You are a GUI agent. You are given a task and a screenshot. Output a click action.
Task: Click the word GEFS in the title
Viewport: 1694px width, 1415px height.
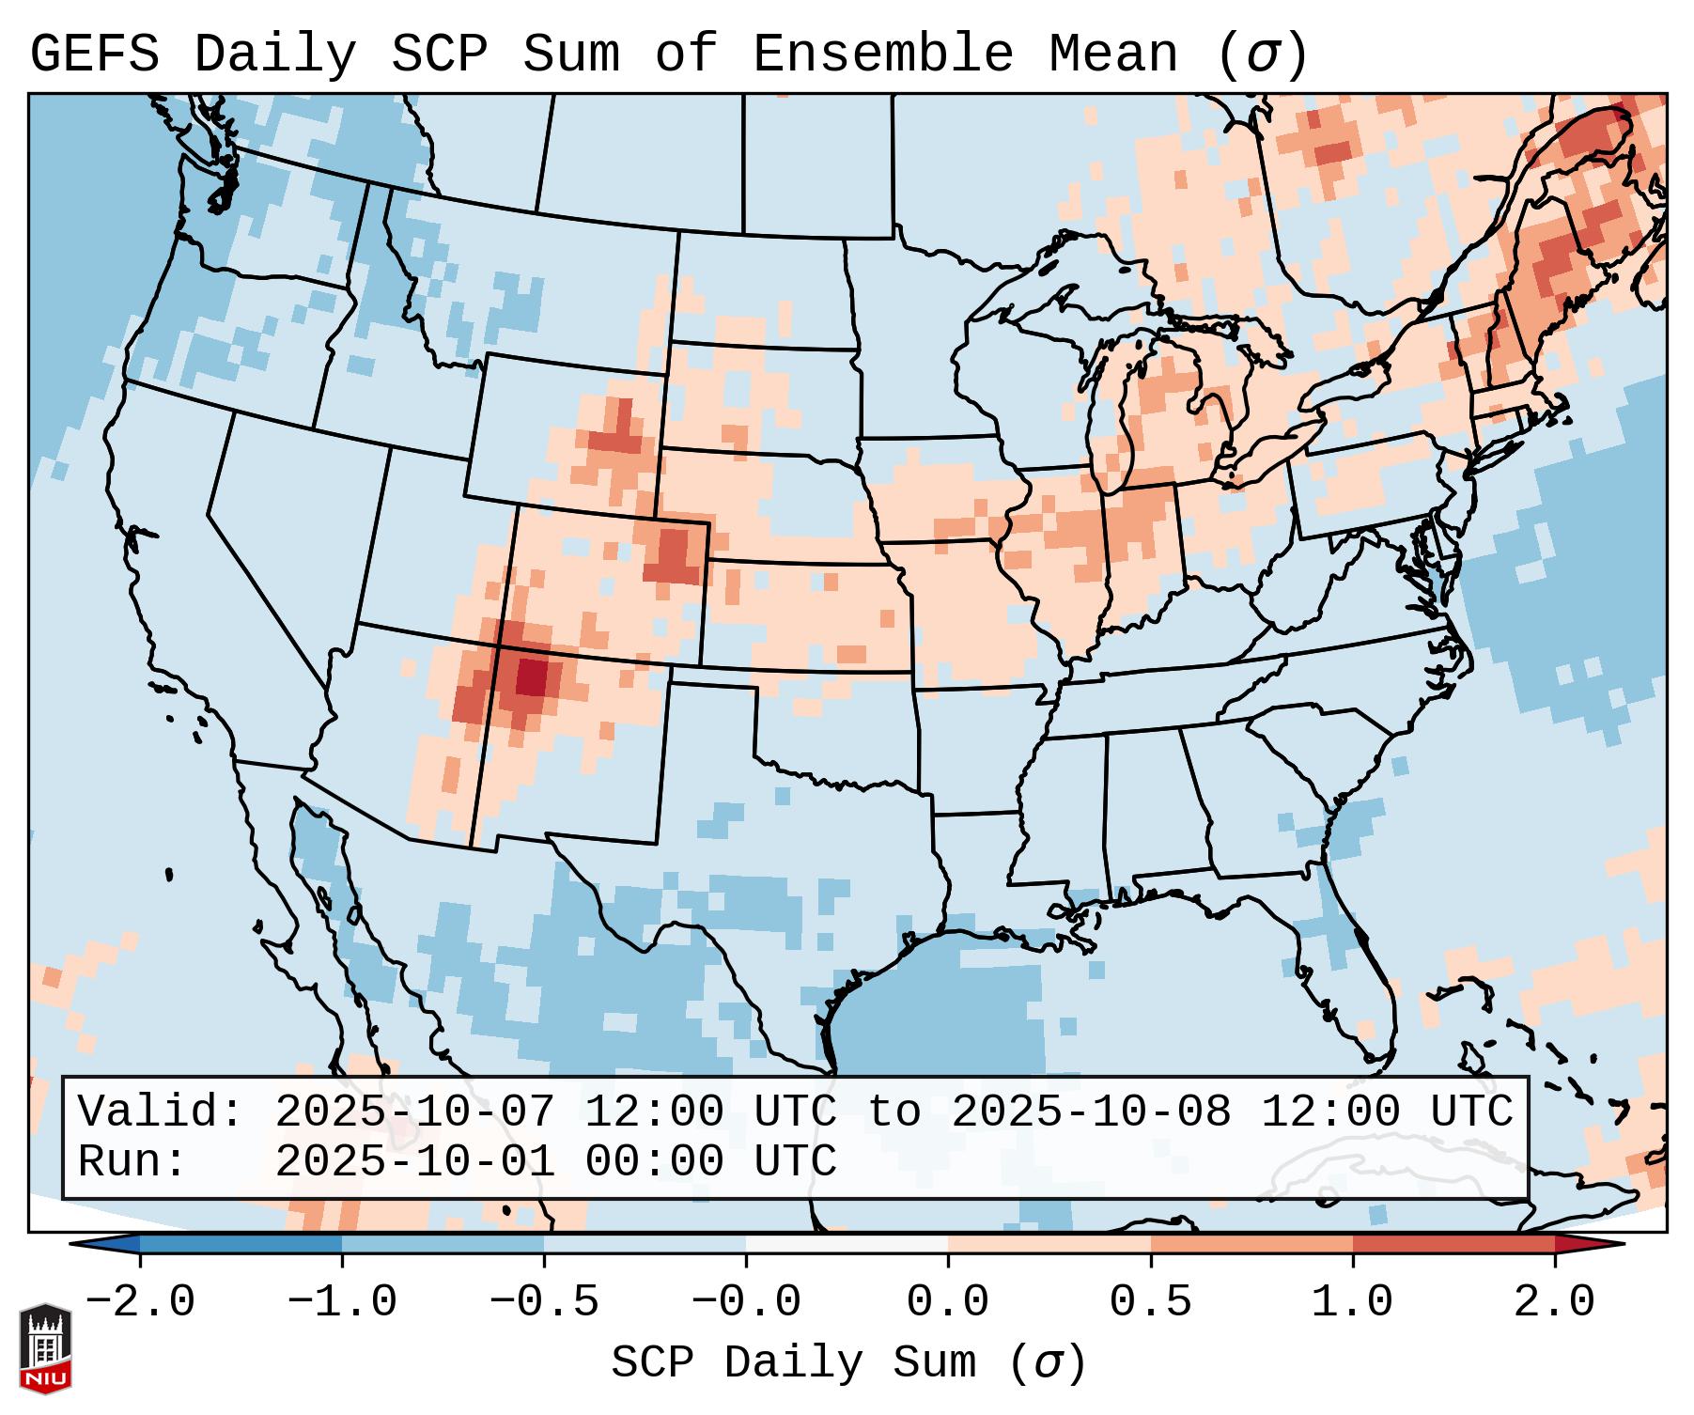tap(94, 54)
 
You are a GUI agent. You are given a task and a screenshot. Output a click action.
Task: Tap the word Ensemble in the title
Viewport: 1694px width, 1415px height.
tap(883, 54)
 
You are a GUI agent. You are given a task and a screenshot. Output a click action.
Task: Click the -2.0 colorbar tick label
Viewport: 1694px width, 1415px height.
tap(140, 1302)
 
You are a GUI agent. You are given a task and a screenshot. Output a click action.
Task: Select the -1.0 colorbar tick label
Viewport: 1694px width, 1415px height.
tap(342, 1302)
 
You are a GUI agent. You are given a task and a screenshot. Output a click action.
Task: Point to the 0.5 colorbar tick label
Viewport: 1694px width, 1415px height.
tap(1151, 1302)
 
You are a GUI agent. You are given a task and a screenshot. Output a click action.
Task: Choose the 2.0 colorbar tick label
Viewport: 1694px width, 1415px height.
tap(1555, 1302)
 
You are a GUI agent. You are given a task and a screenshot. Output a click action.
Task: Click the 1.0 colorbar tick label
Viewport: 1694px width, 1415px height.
tap(1353, 1302)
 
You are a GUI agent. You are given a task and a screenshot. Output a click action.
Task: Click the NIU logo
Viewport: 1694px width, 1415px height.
tap(45, 1348)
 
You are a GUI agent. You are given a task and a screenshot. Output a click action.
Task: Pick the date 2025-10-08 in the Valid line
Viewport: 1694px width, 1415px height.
tap(1092, 1112)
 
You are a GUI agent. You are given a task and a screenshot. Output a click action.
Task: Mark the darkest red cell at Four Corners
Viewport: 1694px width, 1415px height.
tap(531, 676)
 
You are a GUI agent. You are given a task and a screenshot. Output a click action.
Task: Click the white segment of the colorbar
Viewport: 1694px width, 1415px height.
tap(847, 1244)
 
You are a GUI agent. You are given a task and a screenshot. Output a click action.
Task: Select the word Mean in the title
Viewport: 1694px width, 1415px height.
tap(1113, 54)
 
